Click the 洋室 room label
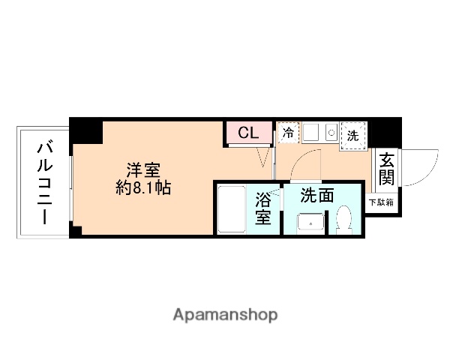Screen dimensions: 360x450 [143, 169]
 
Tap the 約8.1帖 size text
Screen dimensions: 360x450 [143, 188]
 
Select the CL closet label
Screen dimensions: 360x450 [248, 133]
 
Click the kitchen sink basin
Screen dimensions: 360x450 [312, 133]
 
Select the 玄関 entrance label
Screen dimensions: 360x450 [387, 169]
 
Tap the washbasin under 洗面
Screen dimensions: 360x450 [309, 223]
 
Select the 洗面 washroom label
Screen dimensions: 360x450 [317, 196]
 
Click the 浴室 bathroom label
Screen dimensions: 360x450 [263, 208]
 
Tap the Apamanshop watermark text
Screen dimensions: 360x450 [224, 314]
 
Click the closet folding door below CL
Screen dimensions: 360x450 [264, 157]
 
